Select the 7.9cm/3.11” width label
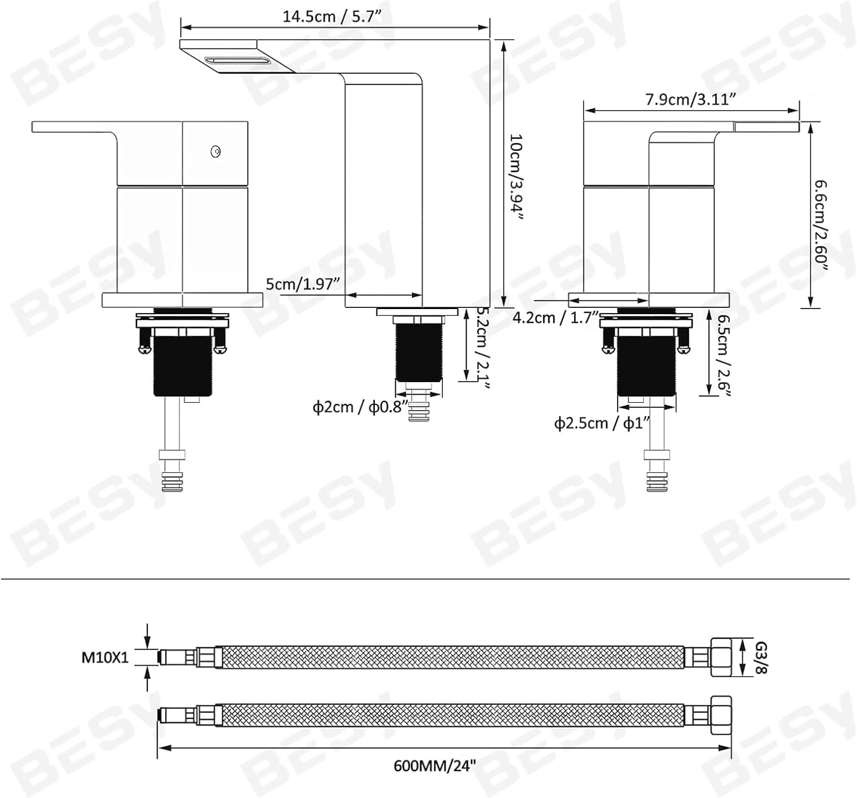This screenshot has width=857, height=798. pyautogui.click(x=690, y=99)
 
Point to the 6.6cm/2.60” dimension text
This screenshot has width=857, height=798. pyautogui.click(x=821, y=225)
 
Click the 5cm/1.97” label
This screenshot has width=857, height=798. pyautogui.click(x=303, y=284)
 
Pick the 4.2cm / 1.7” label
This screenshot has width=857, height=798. pyautogui.click(x=556, y=318)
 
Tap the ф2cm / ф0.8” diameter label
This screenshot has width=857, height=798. pyautogui.click(x=360, y=407)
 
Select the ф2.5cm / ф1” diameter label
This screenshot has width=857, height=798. pyautogui.click(x=602, y=423)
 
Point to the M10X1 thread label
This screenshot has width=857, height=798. pyautogui.click(x=105, y=657)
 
